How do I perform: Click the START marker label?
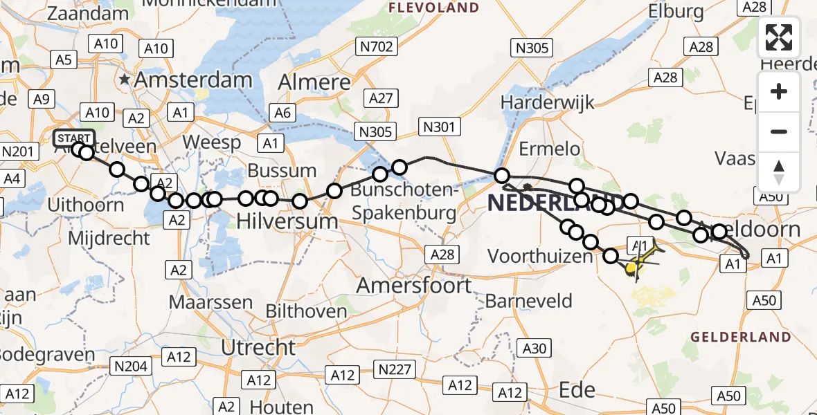point(73,137)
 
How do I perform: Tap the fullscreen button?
point(779,37)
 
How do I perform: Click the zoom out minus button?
point(779,131)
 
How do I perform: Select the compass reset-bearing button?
point(779,172)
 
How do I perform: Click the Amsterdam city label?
point(192,80)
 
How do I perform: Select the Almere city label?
point(314,82)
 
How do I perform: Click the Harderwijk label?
point(548,103)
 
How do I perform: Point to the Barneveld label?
point(529,301)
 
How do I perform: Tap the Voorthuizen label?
point(541,257)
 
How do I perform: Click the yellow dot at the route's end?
point(631,267)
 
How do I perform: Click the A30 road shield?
point(534,349)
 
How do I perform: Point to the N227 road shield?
point(393,369)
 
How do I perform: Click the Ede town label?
point(577,389)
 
